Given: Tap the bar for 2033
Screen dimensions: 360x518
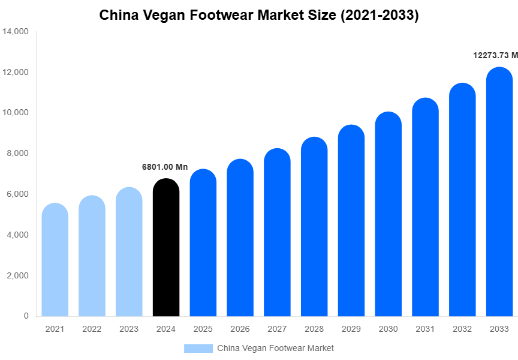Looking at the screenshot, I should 499,192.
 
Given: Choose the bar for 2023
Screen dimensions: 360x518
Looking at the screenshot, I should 129,252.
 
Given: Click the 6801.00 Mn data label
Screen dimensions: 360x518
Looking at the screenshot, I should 165,167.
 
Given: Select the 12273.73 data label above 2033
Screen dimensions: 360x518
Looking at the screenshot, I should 495,55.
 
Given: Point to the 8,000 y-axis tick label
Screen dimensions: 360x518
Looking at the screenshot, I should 18,154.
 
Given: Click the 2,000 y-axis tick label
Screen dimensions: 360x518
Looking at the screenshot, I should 18,275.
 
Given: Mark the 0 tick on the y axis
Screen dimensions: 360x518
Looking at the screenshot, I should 26,316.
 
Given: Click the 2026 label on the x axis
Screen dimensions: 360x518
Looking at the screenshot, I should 240,329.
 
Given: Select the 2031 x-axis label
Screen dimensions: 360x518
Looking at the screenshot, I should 425,329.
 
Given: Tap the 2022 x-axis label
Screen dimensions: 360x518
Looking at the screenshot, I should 92,329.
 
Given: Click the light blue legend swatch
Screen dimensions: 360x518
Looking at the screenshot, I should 198,348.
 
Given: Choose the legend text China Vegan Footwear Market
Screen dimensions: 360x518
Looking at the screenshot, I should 275,348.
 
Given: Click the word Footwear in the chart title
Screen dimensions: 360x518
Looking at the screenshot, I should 223,15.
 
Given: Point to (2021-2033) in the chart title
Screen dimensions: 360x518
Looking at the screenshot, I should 380,15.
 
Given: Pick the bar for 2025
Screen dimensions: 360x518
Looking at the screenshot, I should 203,243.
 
